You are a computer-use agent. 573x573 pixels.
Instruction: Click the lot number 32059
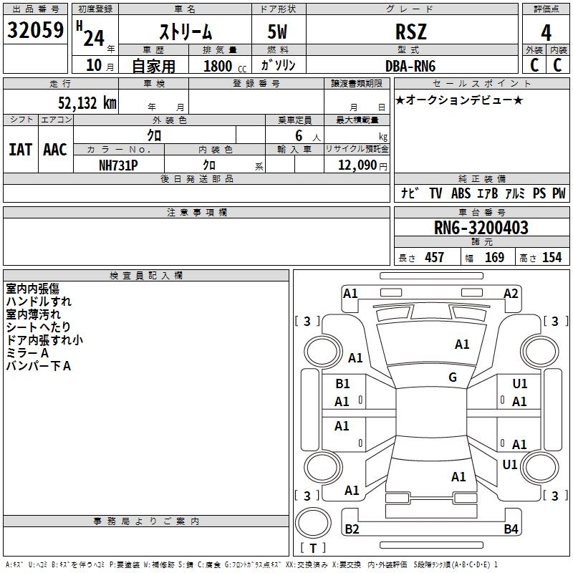tap(35, 31)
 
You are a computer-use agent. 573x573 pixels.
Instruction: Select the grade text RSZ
tap(411, 32)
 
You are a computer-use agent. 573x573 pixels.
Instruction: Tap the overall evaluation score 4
tap(546, 32)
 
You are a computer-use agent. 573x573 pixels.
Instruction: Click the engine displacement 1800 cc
tap(223, 66)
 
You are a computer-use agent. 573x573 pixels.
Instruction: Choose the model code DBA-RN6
tap(410, 66)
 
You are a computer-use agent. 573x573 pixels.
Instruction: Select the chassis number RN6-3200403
tap(481, 228)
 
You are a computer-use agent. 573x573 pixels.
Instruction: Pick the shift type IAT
tap(20, 150)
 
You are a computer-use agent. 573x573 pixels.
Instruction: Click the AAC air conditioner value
tap(55, 150)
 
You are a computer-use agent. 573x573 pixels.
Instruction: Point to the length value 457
tap(434, 257)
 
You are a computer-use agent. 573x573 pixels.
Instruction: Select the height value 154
tap(552, 257)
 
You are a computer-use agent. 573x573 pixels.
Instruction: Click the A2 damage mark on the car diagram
tap(511, 293)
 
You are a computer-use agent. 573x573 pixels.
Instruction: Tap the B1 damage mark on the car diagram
tap(342, 384)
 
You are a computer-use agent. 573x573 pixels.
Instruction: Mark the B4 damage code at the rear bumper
tap(511, 529)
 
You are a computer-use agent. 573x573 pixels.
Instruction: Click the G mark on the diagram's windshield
tap(453, 377)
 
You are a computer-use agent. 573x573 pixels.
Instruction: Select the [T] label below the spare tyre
tap(312, 548)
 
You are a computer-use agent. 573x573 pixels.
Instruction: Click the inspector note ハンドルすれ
tap(39, 302)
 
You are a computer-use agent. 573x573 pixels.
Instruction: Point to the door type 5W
tap(279, 32)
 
